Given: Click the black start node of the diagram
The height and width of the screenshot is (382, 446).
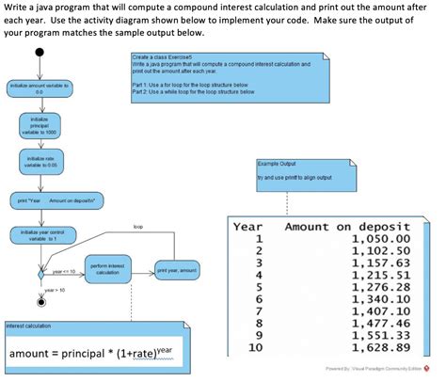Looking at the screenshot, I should tap(40, 55).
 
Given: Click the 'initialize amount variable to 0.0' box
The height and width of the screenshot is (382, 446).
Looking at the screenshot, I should tap(40, 88).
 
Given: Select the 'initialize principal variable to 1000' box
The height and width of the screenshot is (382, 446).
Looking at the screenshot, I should tap(40, 127).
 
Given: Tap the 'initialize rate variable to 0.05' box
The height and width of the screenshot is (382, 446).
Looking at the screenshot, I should tap(40, 163).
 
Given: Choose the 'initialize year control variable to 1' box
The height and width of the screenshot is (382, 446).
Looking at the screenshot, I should tap(40, 235).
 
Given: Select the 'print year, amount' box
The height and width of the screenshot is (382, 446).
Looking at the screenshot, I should tap(176, 270).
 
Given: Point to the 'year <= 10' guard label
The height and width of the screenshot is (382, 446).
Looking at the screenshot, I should tap(64, 271).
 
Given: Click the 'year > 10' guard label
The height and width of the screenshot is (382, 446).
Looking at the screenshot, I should tap(55, 290).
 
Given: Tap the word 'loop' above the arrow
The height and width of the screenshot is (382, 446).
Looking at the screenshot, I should tap(138, 227).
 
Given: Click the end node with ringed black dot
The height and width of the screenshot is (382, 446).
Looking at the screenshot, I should tap(40, 303).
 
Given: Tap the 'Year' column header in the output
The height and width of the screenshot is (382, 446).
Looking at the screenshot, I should tap(247, 227).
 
